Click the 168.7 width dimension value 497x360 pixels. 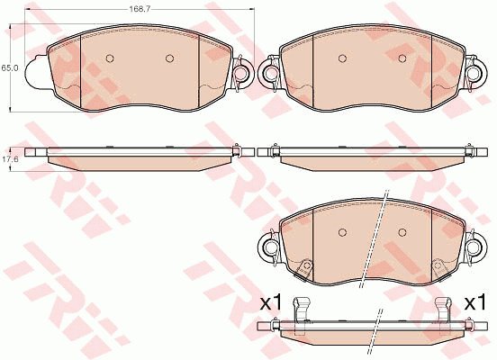135,9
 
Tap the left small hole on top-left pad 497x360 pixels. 110,58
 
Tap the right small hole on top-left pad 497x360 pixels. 169,58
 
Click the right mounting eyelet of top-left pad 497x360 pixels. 243,73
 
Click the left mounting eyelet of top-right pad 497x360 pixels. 269,73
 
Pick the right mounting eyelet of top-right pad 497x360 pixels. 475,73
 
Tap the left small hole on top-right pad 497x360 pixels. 342,58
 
